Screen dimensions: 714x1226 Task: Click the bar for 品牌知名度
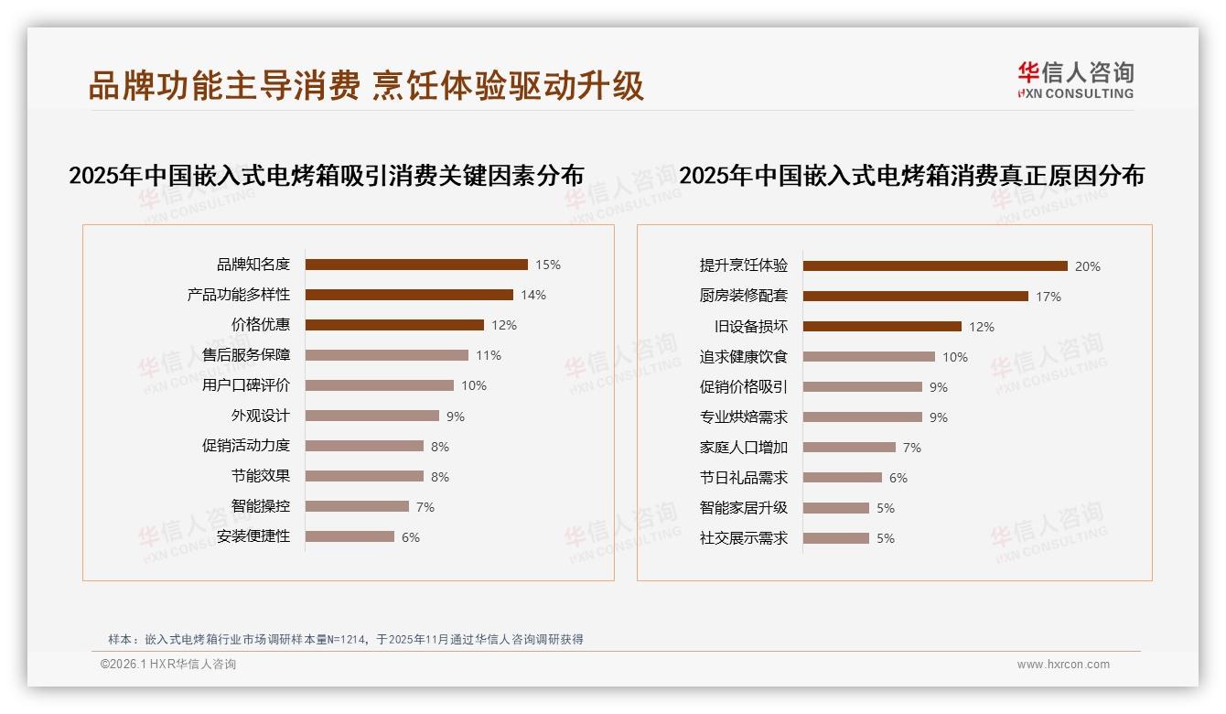[416, 265]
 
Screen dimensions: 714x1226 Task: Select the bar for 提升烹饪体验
[935, 266]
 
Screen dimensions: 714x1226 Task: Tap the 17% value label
[1049, 297]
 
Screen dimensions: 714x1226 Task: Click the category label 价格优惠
[260, 325]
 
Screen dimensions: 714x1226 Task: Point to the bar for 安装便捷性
[350, 537]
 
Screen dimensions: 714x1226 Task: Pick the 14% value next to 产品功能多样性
[533, 295]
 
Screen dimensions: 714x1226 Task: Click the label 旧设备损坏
[750, 327]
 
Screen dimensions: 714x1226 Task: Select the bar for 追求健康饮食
[869, 357]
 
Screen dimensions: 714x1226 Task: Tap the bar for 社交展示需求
[836, 538]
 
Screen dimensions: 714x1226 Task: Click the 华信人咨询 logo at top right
[1075, 81]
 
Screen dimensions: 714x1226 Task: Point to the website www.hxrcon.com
[1063, 665]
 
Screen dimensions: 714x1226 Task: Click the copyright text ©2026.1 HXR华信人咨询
[168, 665]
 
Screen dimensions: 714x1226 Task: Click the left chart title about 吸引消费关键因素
[327, 176]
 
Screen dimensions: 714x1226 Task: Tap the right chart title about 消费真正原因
[911, 176]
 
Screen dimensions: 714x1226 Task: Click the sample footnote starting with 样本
[346, 640]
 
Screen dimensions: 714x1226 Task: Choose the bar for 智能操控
[357, 506]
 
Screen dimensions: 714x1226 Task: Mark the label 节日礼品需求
[743, 478]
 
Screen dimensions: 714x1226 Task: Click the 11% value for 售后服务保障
[489, 355]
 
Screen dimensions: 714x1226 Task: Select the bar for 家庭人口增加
[849, 448]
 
